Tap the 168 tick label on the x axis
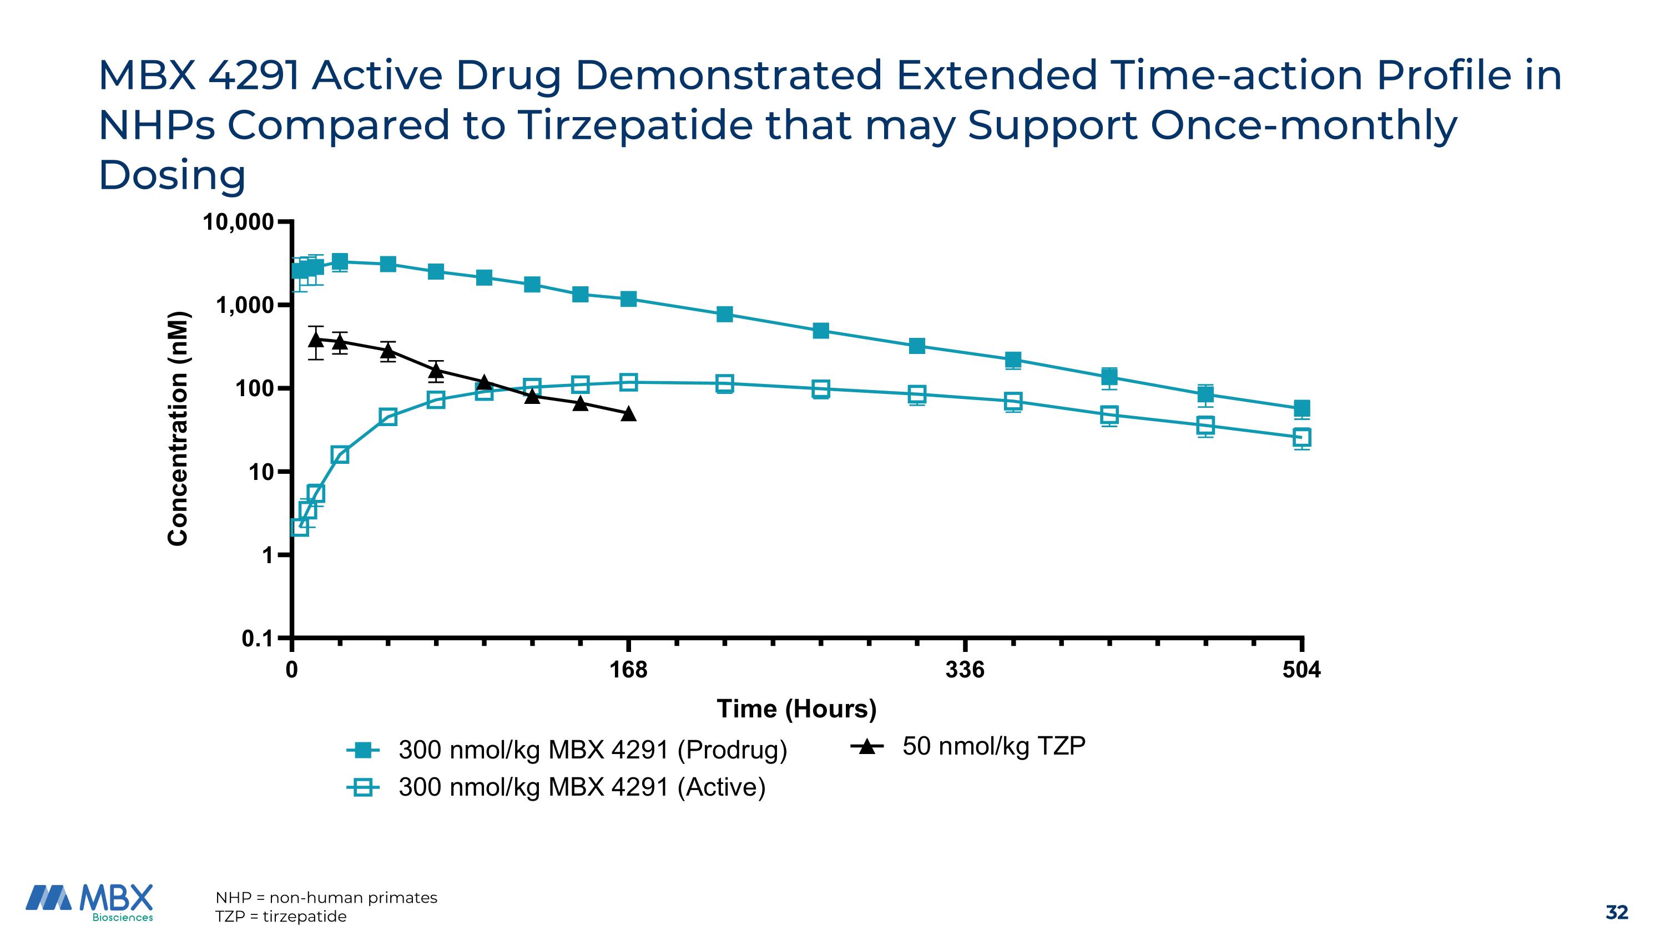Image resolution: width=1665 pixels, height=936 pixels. click(x=628, y=670)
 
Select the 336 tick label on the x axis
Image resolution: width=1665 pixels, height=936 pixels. click(x=965, y=670)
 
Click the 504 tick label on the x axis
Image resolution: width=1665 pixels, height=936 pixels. click(x=1301, y=670)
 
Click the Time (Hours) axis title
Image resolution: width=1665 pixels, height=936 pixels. click(x=796, y=709)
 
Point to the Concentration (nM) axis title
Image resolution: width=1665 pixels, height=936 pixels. click(x=178, y=429)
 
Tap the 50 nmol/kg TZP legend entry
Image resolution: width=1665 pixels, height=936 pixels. click(x=993, y=746)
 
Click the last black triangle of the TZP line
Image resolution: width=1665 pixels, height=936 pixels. click(x=628, y=413)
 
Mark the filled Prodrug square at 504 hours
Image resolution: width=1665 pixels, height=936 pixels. click(x=1301, y=408)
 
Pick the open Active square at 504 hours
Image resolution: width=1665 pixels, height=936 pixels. click(x=1301, y=437)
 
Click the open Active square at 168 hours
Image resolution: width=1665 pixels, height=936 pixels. click(x=628, y=382)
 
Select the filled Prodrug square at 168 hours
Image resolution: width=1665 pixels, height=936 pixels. click(x=628, y=299)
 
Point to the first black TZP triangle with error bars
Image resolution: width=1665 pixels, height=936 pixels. click(x=315, y=338)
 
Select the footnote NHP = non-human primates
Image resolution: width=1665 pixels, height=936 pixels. click(x=326, y=897)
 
